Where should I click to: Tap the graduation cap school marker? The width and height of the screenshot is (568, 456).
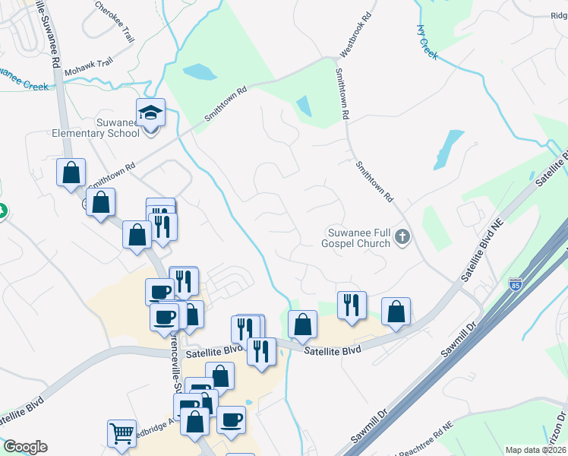(x=151, y=113)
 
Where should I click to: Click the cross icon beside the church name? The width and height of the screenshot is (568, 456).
(x=402, y=238)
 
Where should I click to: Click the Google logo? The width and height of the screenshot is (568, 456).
(x=25, y=447)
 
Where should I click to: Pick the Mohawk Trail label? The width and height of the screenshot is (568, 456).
(x=89, y=66)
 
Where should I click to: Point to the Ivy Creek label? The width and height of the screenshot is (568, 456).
(x=428, y=42)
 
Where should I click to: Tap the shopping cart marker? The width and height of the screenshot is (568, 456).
(x=121, y=434)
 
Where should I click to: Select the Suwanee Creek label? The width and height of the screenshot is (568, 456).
(x=23, y=80)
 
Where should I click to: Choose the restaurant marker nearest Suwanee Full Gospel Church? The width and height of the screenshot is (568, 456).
(x=352, y=306)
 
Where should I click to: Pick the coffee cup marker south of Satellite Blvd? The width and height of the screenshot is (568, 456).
(x=231, y=420)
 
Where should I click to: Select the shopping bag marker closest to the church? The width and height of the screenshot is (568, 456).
(x=396, y=312)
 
